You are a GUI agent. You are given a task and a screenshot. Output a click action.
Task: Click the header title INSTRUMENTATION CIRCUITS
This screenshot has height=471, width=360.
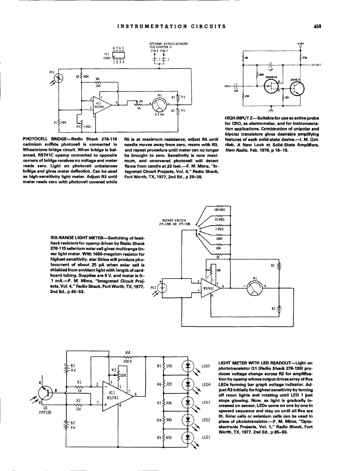tap(170, 27)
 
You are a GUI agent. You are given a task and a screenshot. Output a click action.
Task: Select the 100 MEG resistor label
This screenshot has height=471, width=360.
tap(219, 209)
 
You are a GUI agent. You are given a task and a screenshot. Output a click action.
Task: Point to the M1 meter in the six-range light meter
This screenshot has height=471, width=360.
tap(256, 287)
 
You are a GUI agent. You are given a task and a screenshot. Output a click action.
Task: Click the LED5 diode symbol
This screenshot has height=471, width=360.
tap(188, 366)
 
